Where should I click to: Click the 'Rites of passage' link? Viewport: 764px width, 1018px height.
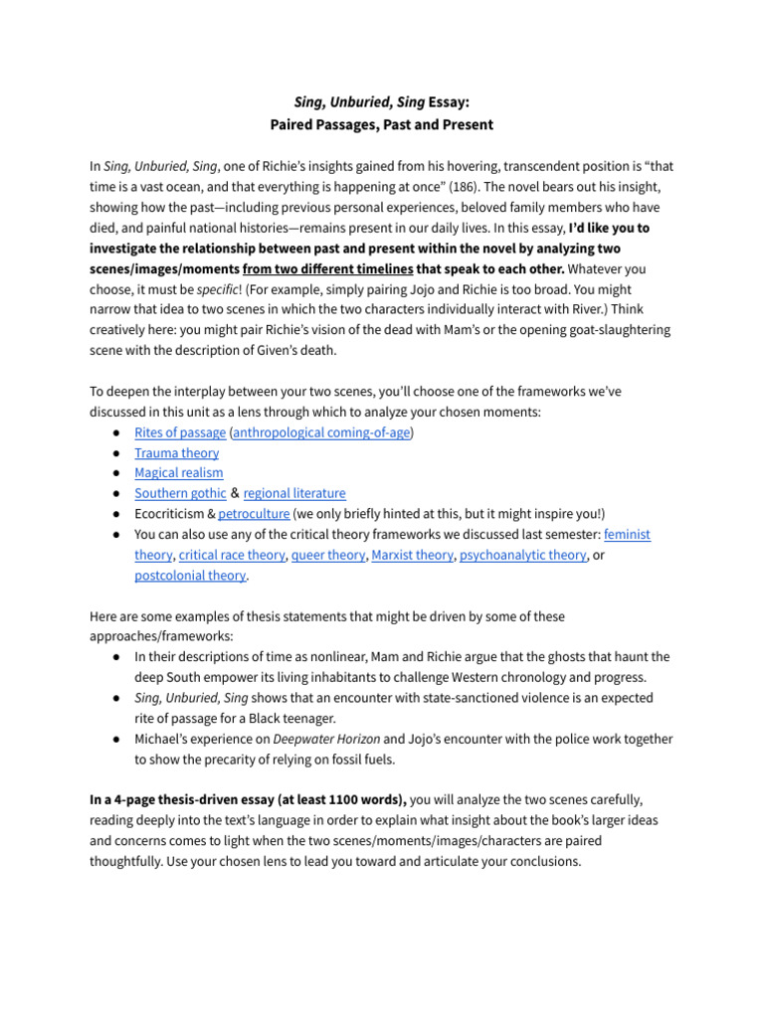[x=180, y=432]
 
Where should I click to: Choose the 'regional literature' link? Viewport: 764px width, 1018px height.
[x=294, y=493]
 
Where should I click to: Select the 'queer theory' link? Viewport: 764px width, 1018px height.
[x=328, y=555]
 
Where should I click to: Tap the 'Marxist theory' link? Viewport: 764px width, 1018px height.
[x=412, y=555]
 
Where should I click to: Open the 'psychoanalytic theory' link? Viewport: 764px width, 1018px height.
[x=522, y=555]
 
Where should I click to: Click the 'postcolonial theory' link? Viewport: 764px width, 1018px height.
[x=190, y=576]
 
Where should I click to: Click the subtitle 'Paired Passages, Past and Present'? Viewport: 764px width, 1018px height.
[x=381, y=125]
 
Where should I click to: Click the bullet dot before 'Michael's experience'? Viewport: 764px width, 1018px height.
[x=117, y=739]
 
